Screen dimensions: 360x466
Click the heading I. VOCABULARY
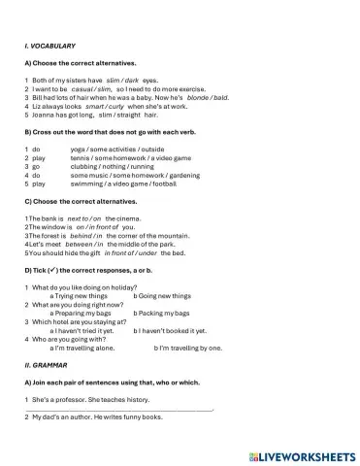(49, 46)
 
